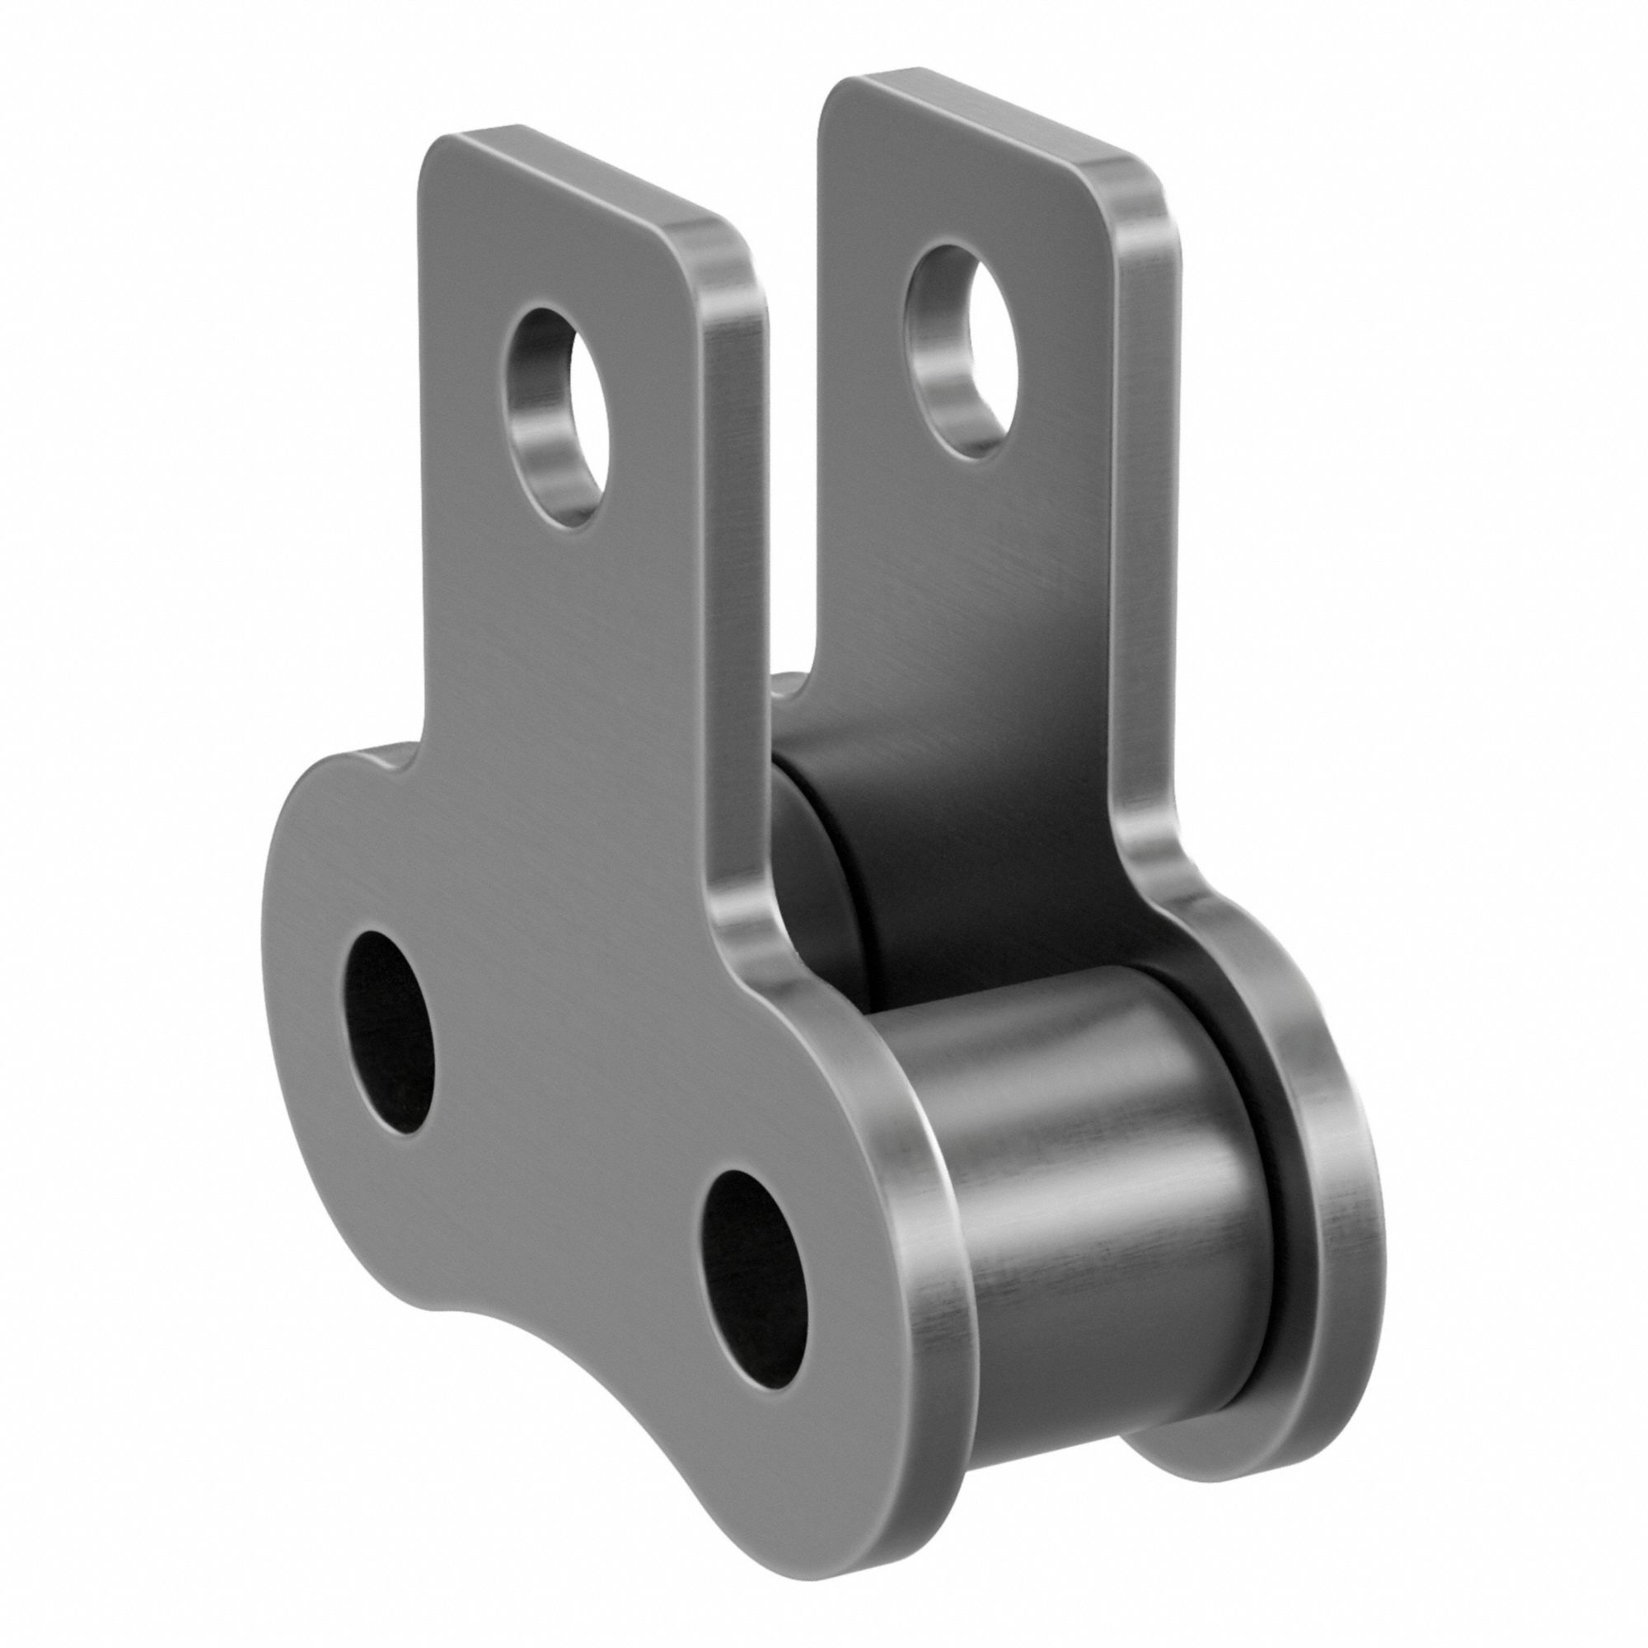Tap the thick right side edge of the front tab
coord(733,597)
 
